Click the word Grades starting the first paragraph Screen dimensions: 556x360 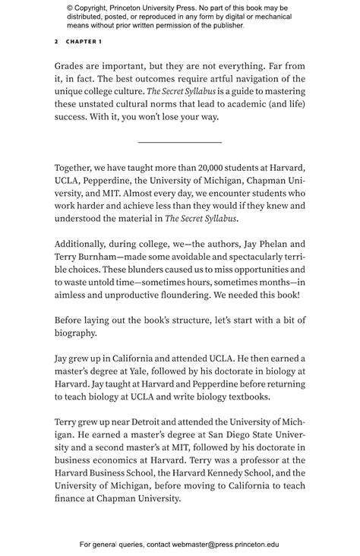pyautogui.click(x=71, y=65)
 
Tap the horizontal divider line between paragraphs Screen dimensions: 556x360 pyautogui.click(x=180, y=142)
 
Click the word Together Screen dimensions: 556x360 pyautogui.click(x=76, y=166)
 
